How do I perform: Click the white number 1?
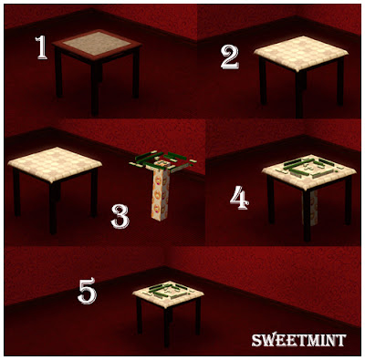[x=41, y=47]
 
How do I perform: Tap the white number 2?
[x=230, y=57]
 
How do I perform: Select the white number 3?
[x=120, y=216]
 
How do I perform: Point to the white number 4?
[x=239, y=198]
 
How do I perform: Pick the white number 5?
[x=88, y=292]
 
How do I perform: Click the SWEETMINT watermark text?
[x=299, y=340]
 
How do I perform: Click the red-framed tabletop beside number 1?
[x=97, y=45]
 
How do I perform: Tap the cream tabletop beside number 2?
[x=301, y=53]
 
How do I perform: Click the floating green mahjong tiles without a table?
[x=162, y=161]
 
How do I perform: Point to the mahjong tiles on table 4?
[x=308, y=168]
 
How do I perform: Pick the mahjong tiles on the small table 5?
[x=168, y=291]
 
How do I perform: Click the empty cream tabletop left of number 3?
[x=55, y=164]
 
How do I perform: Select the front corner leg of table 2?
[x=299, y=94]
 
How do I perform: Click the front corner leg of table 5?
[x=167, y=327]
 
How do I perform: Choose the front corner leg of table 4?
[x=307, y=216]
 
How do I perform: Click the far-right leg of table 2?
[x=340, y=81]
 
